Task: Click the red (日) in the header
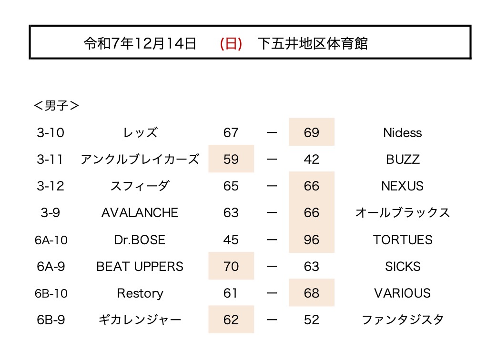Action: pyautogui.click(x=231, y=43)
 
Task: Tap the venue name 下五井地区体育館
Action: pyautogui.click(x=313, y=43)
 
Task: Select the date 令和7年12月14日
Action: pyautogui.click(x=140, y=43)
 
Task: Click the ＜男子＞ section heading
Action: pyautogui.click(x=56, y=106)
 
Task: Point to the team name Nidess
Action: pyautogui.click(x=403, y=132)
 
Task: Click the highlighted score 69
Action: pyautogui.click(x=311, y=132)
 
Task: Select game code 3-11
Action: pyautogui.click(x=50, y=159)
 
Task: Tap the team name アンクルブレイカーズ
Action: pyautogui.click(x=140, y=159)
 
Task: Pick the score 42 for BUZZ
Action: pyautogui.click(x=311, y=159)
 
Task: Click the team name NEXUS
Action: pyautogui.click(x=403, y=186)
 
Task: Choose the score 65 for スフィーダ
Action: pyautogui.click(x=231, y=186)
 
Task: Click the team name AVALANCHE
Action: pyautogui.click(x=140, y=212)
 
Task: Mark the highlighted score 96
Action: pyautogui.click(x=311, y=240)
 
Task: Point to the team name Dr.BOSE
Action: pyautogui.click(x=140, y=240)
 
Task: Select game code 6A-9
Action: pyautogui.click(x=50, y=266)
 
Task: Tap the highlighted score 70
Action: pyautogui.click(x=231, y=266)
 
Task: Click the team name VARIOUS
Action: pyautogui.click(x=403, y=293)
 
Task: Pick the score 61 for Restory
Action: pyautogui.click(x=231, y=293)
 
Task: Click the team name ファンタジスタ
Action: pyautogui.click(x=403, y=320)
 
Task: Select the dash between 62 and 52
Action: pyautogui.click(x=272, y=320)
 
